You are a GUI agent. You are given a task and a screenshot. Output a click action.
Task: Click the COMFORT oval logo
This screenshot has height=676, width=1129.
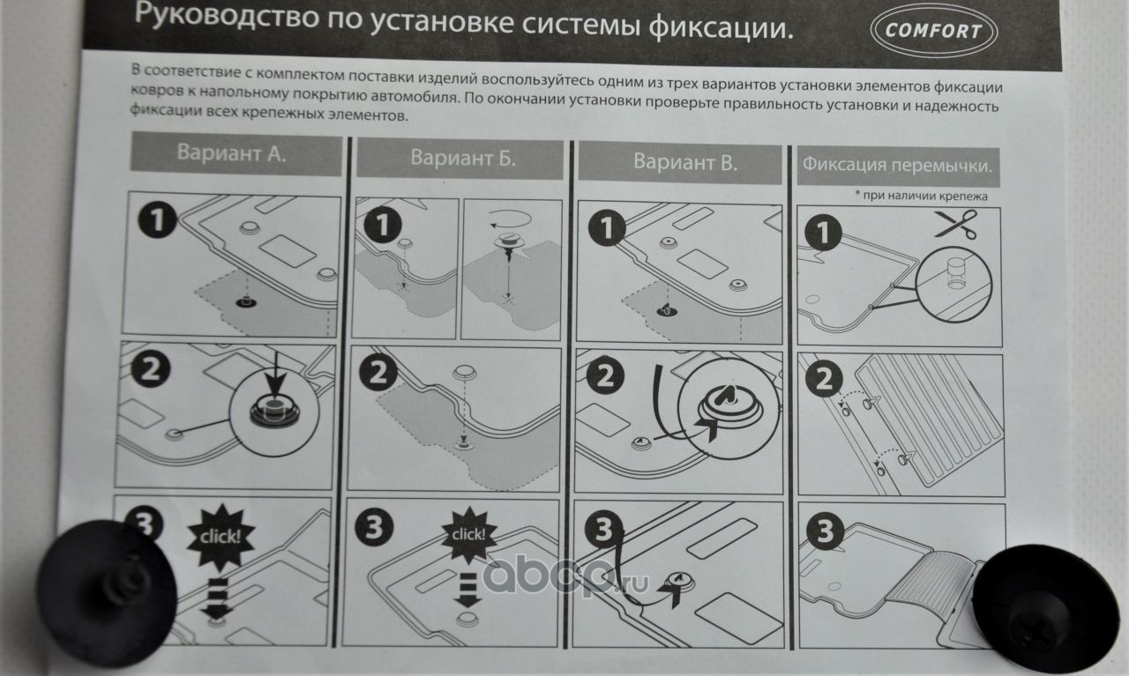(934, 31)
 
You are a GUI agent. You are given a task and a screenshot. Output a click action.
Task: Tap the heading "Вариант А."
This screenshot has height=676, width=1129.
(231, 152)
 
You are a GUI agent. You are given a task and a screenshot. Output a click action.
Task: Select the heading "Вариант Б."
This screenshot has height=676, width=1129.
(463, 157)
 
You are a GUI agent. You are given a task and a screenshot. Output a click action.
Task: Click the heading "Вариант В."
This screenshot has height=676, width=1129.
(685, 161)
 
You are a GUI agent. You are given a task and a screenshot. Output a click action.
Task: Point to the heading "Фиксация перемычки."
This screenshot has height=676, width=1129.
(897, 165)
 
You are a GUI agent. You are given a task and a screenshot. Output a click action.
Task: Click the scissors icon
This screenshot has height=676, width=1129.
(955, 224)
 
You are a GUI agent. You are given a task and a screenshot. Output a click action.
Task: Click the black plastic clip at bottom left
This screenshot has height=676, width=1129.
(107, 593)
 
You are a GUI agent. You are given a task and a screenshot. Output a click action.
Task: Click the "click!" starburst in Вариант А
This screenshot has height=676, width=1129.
(221, 537)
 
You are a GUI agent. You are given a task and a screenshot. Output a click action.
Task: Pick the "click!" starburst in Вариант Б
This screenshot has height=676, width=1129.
(468, 534)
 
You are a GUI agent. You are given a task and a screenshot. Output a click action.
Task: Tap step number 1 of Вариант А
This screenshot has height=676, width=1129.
(157, 219)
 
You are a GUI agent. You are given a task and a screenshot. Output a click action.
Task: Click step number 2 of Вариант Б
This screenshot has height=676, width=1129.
(378, 373)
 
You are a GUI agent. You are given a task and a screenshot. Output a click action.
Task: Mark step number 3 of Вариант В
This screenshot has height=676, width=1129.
(603, 531)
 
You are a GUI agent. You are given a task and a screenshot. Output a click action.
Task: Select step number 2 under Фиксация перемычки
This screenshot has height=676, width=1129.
(824, 379)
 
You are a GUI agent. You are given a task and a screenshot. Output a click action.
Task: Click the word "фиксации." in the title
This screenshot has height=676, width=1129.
(721, 28)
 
